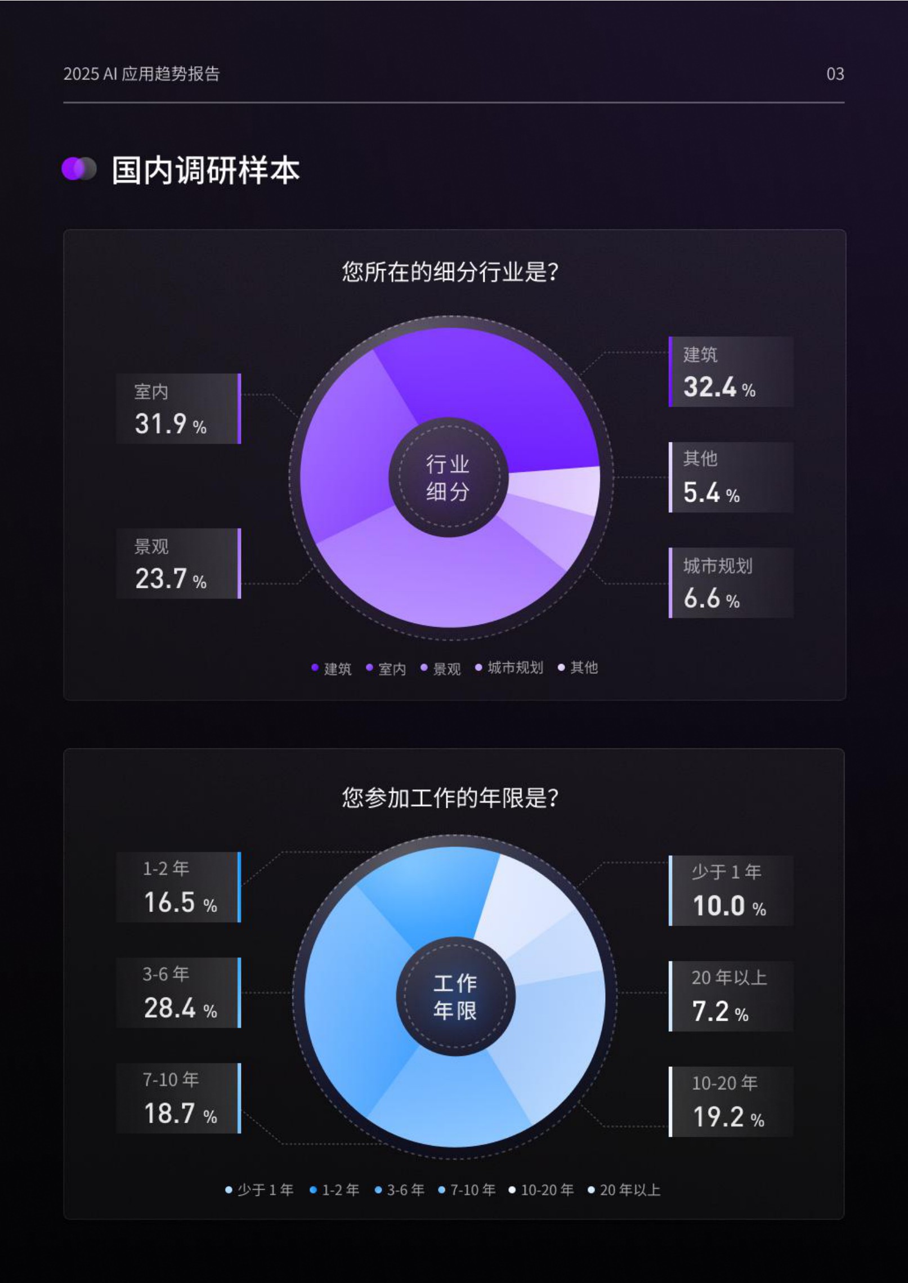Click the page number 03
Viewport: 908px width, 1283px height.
[x=835, y=74]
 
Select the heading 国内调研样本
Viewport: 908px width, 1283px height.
[x=205, y=170]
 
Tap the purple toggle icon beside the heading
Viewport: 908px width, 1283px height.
[x=79, y=169]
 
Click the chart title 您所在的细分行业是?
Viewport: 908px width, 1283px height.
[x=450, y=272]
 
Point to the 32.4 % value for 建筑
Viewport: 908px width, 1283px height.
[x=719, y=387]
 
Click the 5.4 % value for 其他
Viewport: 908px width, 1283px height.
[x=711, y=493]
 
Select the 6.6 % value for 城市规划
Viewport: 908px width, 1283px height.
[x=711, y=598]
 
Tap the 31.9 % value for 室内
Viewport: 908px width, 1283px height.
[x=170, y=424]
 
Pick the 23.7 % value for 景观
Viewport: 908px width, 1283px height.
[x=170, y=579]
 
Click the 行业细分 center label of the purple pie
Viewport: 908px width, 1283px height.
[x=448, y=477]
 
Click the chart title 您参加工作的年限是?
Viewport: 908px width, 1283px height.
[x=450, y=798]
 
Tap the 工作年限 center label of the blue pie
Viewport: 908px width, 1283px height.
[x=455, y=997]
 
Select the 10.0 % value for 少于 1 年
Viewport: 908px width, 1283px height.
[x=729, y=906]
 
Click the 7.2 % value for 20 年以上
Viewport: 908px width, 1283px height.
[x=720, y=1012]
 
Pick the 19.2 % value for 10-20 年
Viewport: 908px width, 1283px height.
[x=728, y=1117]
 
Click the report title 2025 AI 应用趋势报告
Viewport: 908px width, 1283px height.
[x=141, y=74]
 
